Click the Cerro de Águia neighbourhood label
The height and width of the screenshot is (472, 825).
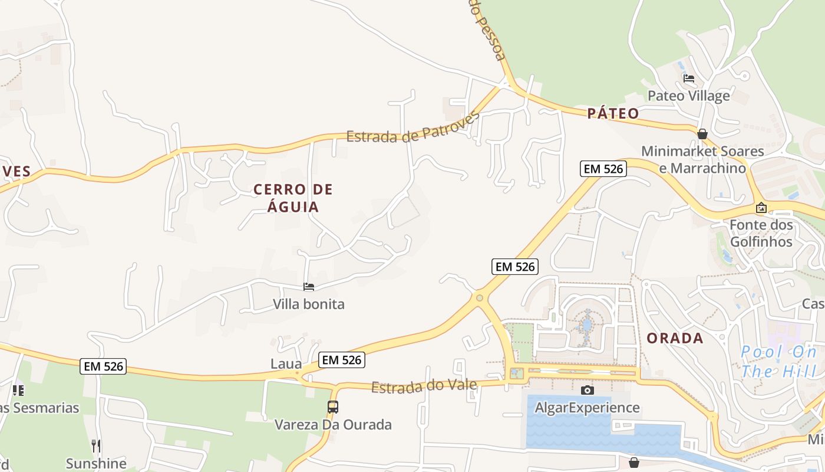(293, 198)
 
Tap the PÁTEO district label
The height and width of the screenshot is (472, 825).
(613, 113)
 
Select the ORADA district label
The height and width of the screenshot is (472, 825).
(675, 338)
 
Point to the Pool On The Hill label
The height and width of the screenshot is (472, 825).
(778, 362)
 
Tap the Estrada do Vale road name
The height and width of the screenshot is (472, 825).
(424, 386)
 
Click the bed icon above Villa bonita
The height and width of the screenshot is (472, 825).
(309, 287)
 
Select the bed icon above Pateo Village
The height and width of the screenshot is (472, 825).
(688, 78)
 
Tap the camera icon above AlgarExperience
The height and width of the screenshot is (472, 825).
(587, 390)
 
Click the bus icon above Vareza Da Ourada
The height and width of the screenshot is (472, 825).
(333, 407)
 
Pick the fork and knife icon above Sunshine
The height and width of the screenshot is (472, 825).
(96, 445)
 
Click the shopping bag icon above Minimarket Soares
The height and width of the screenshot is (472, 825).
(702, 134)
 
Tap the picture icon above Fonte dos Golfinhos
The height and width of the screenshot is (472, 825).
(761, 208)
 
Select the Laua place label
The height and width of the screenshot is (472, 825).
(286, 364)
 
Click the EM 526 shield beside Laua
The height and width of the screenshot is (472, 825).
(342, 359)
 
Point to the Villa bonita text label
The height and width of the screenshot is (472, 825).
(308, 304)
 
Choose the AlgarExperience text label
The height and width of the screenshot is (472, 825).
(587, 408)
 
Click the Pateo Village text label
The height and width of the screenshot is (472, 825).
(688, 96)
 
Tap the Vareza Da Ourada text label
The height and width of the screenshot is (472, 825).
(333, 425)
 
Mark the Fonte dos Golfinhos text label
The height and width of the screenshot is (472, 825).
(761, 233)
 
